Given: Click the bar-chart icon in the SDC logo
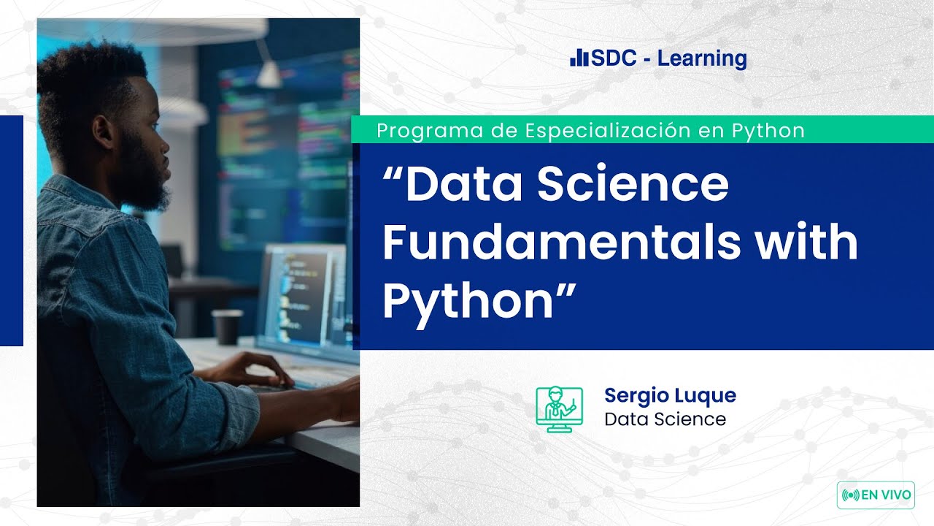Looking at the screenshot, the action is (579, 58).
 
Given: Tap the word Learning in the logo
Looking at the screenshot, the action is (702, 59).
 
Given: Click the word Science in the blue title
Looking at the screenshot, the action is (633, 183).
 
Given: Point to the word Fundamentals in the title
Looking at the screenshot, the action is (562, 242).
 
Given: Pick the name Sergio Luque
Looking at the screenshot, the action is (670, 396).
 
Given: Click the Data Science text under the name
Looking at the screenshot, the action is (665, 419).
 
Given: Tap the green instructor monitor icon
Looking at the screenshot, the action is (559, 409).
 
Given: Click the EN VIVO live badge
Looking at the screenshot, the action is (876, 495).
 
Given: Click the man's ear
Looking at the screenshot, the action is (103, 132).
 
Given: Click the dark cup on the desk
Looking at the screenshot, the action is (227, 327).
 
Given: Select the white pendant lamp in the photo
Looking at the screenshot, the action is (269, 75).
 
